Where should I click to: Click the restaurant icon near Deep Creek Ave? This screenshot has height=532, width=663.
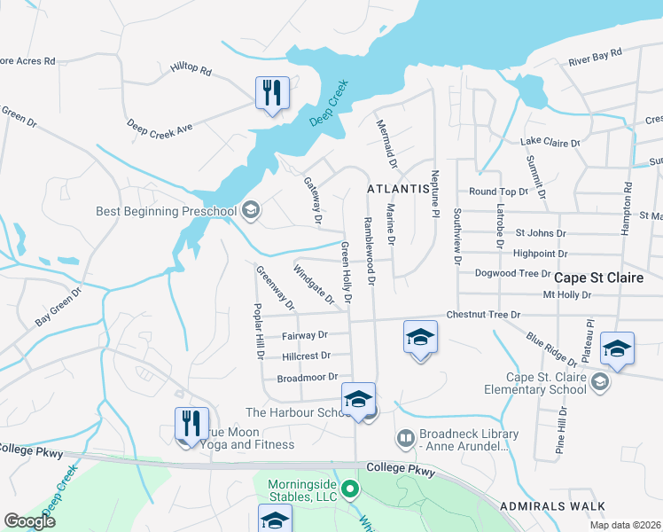(x=272, y=92)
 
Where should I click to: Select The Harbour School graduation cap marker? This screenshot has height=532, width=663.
(x=358, y=399)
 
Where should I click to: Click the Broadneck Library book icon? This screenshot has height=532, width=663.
(x=405, y=439)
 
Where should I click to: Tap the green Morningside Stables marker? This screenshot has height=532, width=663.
(x=350, y=489)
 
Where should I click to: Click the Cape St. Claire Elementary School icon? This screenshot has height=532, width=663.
(x=600, y=382)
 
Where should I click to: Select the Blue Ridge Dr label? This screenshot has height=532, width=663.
(x=550, y=348)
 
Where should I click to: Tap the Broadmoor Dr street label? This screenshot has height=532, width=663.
(x=303, y=378)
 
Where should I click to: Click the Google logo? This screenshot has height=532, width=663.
(x=29, y=521)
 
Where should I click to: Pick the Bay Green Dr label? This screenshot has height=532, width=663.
(x=58, y=307)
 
